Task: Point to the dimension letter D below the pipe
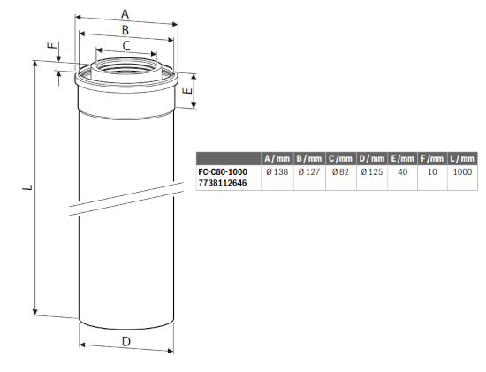(125, 341)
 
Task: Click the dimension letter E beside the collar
(186, 90)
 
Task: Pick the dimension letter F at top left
(51, 46)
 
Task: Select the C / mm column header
(339, 158)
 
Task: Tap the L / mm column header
(461, 158)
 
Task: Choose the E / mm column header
(402, 158)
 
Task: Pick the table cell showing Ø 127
(308, 173)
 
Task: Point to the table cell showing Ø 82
(339, 173)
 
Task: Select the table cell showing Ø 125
(371, 173)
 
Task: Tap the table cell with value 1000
(461, 173)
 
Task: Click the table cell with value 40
(402, 173)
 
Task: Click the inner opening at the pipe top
(125, 65)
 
